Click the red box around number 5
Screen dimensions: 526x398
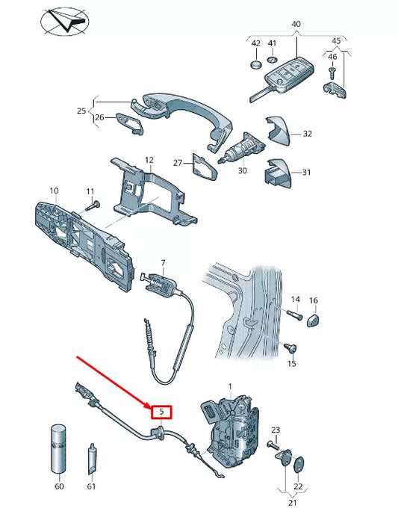coord(161,412)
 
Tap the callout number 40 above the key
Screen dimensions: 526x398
coord(296,25)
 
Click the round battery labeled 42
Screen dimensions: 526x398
coord(255,64)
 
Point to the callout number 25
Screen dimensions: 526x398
coord(81,111)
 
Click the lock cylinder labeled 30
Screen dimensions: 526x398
coord(242,148)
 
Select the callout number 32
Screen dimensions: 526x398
coord(307,134)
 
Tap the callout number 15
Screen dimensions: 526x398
coord(292,363)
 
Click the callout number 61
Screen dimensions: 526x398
coord(91,486)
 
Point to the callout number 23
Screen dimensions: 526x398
coord(276,430)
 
